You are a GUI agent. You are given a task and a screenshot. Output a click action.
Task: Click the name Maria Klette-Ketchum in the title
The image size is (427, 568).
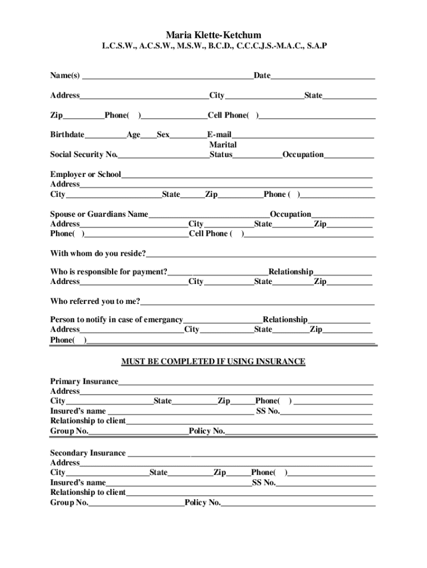(x=213, y=35)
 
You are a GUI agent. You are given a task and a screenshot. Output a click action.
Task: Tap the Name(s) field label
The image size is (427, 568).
(x=65, y=75)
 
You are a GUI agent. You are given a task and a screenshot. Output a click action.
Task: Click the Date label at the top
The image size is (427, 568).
(x=262, y=75)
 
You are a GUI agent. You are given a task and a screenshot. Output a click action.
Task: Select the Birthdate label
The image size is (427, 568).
(x=67, y=135)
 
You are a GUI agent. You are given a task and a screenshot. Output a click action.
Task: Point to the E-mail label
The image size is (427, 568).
(x=219, y=135)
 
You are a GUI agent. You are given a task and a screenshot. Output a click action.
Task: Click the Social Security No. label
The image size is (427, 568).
(x=84, y=155)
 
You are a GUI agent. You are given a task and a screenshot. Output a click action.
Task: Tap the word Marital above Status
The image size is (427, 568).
(x=223, y=145)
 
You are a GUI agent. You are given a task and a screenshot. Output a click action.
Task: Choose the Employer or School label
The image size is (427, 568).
(x=85, y=175)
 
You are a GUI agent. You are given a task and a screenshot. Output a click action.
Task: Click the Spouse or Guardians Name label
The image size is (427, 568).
(x=99, y=214)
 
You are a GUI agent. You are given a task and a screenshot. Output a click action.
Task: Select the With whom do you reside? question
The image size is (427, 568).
(x=98, y=253)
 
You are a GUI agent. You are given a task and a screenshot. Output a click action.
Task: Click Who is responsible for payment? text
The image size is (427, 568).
(x=109, y=272)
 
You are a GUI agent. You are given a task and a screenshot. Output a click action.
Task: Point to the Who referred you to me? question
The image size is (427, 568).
(x=95, y=302)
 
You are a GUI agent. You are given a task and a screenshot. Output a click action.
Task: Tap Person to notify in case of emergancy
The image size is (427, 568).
(x=116, y=320)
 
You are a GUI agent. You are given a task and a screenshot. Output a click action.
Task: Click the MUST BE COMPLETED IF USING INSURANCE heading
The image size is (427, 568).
(x=213, y=362)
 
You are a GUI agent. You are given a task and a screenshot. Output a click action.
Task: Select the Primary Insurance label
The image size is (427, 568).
(x=84, y=382)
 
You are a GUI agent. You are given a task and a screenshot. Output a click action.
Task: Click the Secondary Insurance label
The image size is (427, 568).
(x=88, y=453)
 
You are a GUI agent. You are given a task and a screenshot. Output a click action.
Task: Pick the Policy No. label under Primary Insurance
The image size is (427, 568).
(x=207, y=431)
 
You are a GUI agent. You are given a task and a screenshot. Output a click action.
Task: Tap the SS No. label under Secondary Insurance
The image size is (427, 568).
(x=264, y=483)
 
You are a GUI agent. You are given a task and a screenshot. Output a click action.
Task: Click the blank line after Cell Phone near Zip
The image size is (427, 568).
(x=317, y=116)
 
